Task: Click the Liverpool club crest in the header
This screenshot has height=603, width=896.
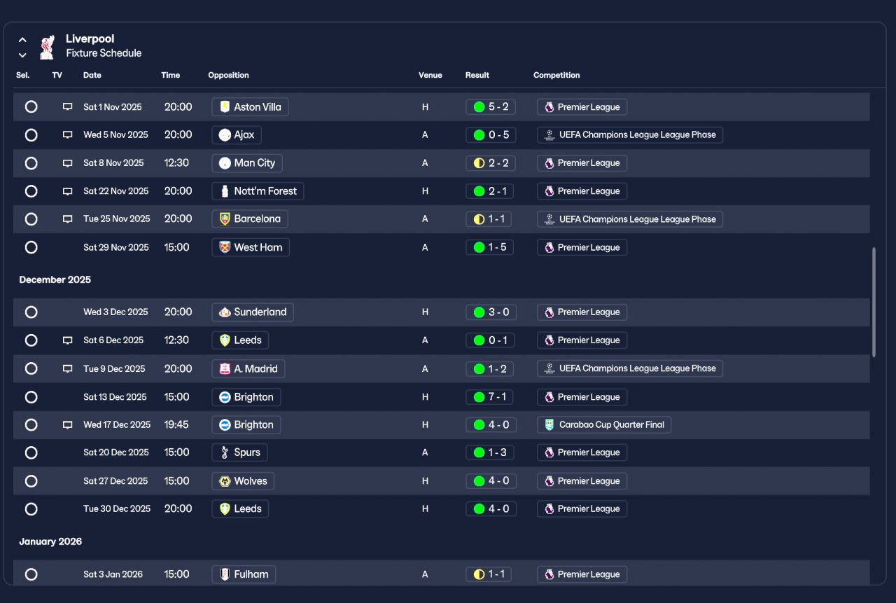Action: [x=47, y=47]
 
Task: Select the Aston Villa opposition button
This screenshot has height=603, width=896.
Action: [x=250, y=107]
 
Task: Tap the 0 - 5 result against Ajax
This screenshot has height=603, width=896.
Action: [x=491, y=135]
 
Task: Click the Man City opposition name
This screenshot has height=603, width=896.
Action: [x=254, y=163]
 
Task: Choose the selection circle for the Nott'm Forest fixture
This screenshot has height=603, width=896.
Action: [x=31, y=191]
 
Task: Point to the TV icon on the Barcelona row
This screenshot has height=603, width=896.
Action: [x=68, y=219]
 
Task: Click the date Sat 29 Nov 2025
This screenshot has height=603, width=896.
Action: [x=116, y=247]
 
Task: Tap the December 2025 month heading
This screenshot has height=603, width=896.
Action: [x=55, y=279]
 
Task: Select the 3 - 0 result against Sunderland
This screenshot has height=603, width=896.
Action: [x=491, y=312]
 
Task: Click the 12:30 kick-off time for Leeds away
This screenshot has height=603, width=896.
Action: [x=176, y=340]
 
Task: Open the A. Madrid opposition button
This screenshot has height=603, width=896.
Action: [x=248, y=368]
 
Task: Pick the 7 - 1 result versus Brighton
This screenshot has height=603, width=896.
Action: [x=489, y=397]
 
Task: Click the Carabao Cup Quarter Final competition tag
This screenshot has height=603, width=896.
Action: [x=604, y=424]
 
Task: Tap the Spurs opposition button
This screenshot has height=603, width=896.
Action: [x=239, y=452]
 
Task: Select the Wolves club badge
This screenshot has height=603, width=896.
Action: [x=225, y=481]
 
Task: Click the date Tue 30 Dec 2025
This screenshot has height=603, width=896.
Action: [x=117, y=508]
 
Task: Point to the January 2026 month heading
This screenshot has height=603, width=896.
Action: [x=50, y=541]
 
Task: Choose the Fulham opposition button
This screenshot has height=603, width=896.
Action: [x=244, y=574]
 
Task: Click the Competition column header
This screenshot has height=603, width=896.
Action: [x=556, y=75]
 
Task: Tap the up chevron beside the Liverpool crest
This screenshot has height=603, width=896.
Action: [x=22, y=40]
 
